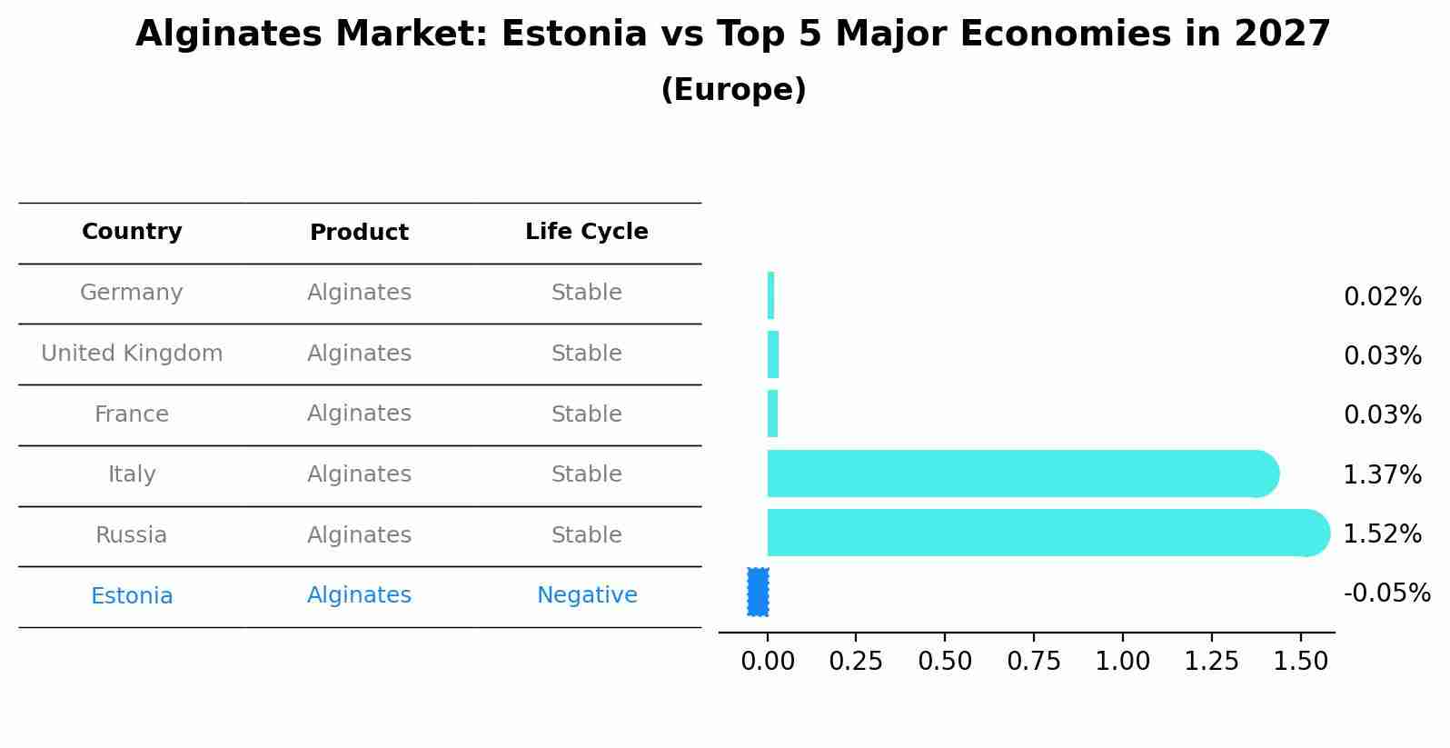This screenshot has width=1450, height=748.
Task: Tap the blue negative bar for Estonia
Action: (x=758, y=592)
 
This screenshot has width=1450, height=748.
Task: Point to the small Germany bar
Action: (x=770, y=295)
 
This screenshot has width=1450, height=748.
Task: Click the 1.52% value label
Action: (x=1381, y=534)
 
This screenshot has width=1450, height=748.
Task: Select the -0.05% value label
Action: (x=1385, y=593)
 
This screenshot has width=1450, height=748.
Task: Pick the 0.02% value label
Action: (x=1381, y=296)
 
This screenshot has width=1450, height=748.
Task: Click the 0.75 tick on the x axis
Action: (x=1033, y=661)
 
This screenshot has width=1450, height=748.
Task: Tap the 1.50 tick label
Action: (x=1301, y=661)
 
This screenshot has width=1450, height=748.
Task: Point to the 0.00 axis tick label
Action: (x=767, y=661)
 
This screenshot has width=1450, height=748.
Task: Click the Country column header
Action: (x=132, y=232)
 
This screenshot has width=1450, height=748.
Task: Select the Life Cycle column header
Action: (x=586, y=232)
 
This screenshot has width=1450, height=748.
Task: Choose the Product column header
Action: (x=359, y=233)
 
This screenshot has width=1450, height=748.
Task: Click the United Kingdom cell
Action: (x=132, y=354)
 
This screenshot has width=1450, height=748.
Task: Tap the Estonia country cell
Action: (x=132, y=596)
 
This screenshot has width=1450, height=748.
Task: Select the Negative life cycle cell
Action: (x=586, y=595)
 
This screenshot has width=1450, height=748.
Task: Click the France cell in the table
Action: (x=132, y=414)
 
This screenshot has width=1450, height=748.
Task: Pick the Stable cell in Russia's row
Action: (x=586, y=535)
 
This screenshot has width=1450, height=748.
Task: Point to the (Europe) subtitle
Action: (x=733, y=90)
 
